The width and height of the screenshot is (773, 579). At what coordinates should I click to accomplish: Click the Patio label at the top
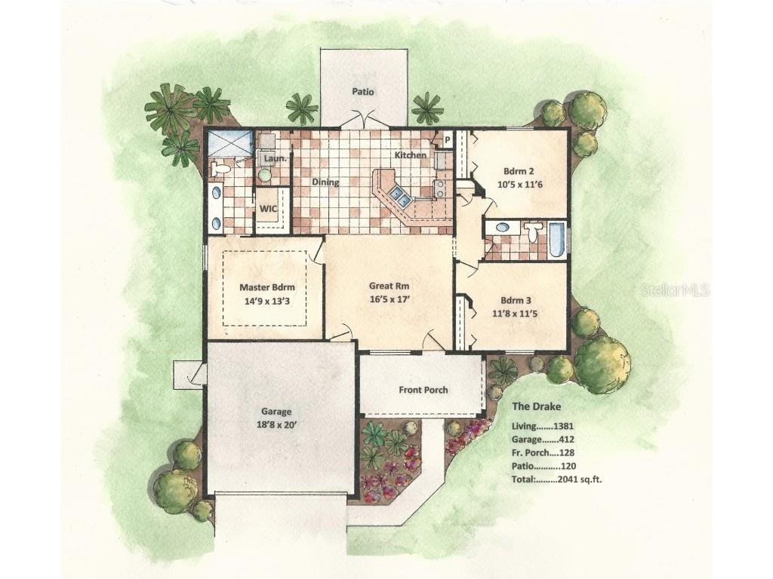coord(363,91)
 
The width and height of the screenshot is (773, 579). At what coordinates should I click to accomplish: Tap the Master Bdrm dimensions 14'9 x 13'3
coord(266,301)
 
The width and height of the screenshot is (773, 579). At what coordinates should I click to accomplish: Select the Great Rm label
coord(389,286)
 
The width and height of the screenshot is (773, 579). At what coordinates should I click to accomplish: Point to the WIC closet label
coord(268,209)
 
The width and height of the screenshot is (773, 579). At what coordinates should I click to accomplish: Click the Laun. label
coord(275,158)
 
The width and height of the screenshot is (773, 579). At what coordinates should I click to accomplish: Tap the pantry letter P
coord(448,140)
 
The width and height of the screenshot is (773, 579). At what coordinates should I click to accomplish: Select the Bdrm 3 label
coord(516,300)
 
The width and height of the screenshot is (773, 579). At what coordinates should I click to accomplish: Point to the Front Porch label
coord(423,390)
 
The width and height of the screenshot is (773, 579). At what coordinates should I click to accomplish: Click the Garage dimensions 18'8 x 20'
coord(276,425)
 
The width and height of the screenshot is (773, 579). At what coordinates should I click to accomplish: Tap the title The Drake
coord(537,406)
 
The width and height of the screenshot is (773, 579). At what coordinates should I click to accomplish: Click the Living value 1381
coord(563,427)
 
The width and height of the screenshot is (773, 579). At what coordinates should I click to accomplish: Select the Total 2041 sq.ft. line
coord(556,479)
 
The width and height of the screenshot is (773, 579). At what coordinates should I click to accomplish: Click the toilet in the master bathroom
coord(220,169)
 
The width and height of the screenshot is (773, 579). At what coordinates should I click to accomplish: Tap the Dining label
coord(325,182)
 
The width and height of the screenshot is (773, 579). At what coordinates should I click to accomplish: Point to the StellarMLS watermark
coord(675,289)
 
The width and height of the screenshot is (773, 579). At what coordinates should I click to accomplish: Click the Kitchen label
coord(411,155)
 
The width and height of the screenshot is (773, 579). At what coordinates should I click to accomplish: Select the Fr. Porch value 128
coord(566,453)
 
